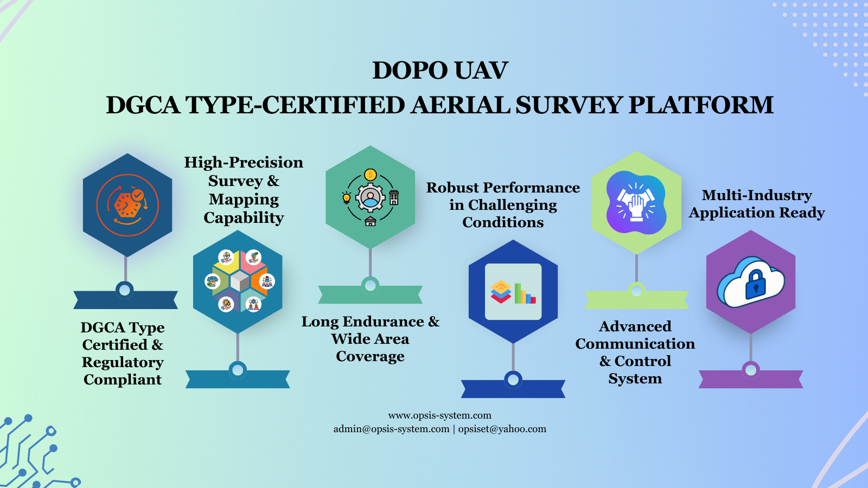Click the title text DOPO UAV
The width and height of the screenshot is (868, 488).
click(440, 70)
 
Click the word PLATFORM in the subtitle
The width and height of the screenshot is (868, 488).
click(700, 105)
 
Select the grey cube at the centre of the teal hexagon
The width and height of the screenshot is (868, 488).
click(240, 281)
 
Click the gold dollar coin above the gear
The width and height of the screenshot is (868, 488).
click(371, 175)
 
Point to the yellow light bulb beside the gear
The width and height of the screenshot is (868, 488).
click(347, 197)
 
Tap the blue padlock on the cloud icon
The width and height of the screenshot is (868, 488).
click(755, 285)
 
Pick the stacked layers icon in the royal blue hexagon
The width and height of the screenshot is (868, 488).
click(501, 292)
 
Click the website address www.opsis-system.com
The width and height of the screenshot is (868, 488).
click(440, 415)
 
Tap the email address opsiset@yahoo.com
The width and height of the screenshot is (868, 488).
click(502, 429)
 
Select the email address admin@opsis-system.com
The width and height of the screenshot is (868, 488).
click(391, 429)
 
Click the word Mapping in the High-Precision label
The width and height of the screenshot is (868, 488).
click(244, 200)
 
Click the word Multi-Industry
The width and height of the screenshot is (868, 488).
click(757, 195)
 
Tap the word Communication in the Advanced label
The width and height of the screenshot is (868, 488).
click(635, 344)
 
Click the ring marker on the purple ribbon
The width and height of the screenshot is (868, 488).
click(751, 370)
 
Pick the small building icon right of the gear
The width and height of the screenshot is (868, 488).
click(394, 197)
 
